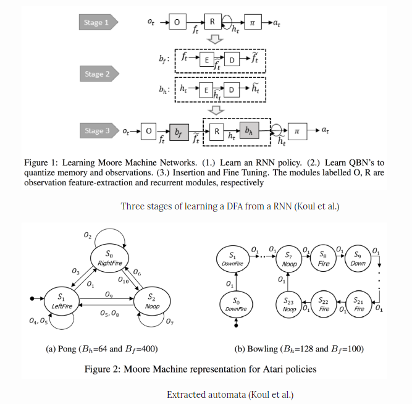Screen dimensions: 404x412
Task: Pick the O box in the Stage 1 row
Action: pyautogui.click(x=177, y=23)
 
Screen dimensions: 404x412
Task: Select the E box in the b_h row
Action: pyautogui.click(x=207, y=90)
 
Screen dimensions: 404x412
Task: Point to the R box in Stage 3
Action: pyautogui.click(x=217, y=131)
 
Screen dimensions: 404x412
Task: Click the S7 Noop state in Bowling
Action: pyautogui.click(x=288, y=258)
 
